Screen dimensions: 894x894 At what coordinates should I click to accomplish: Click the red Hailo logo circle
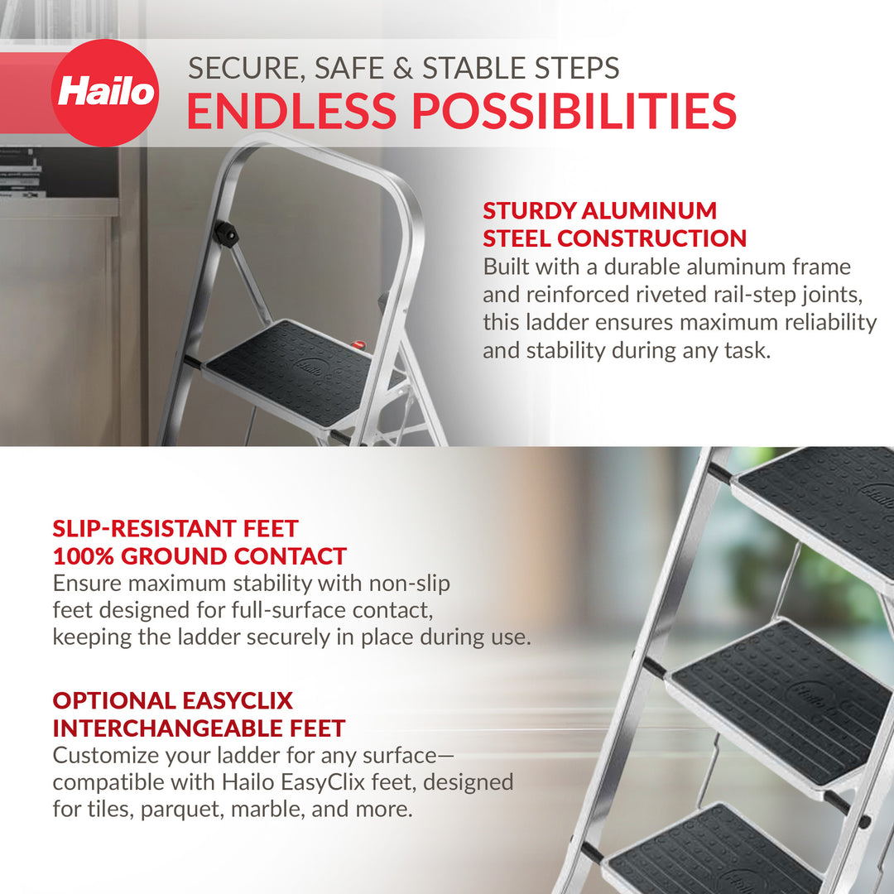105,93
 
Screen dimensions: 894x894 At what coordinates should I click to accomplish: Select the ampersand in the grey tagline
402,68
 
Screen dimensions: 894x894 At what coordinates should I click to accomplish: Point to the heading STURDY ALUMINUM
599,210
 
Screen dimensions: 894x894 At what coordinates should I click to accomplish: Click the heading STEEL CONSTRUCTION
614,238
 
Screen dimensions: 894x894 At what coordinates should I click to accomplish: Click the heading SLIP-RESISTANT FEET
175,528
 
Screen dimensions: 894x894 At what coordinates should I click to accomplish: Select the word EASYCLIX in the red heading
236,700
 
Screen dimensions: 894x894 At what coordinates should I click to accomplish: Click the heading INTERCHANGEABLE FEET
199,728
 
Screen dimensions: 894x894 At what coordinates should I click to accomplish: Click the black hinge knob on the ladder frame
225,233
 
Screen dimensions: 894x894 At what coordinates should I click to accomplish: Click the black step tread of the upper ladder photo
290,372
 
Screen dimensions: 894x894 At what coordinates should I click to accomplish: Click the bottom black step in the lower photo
712,853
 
